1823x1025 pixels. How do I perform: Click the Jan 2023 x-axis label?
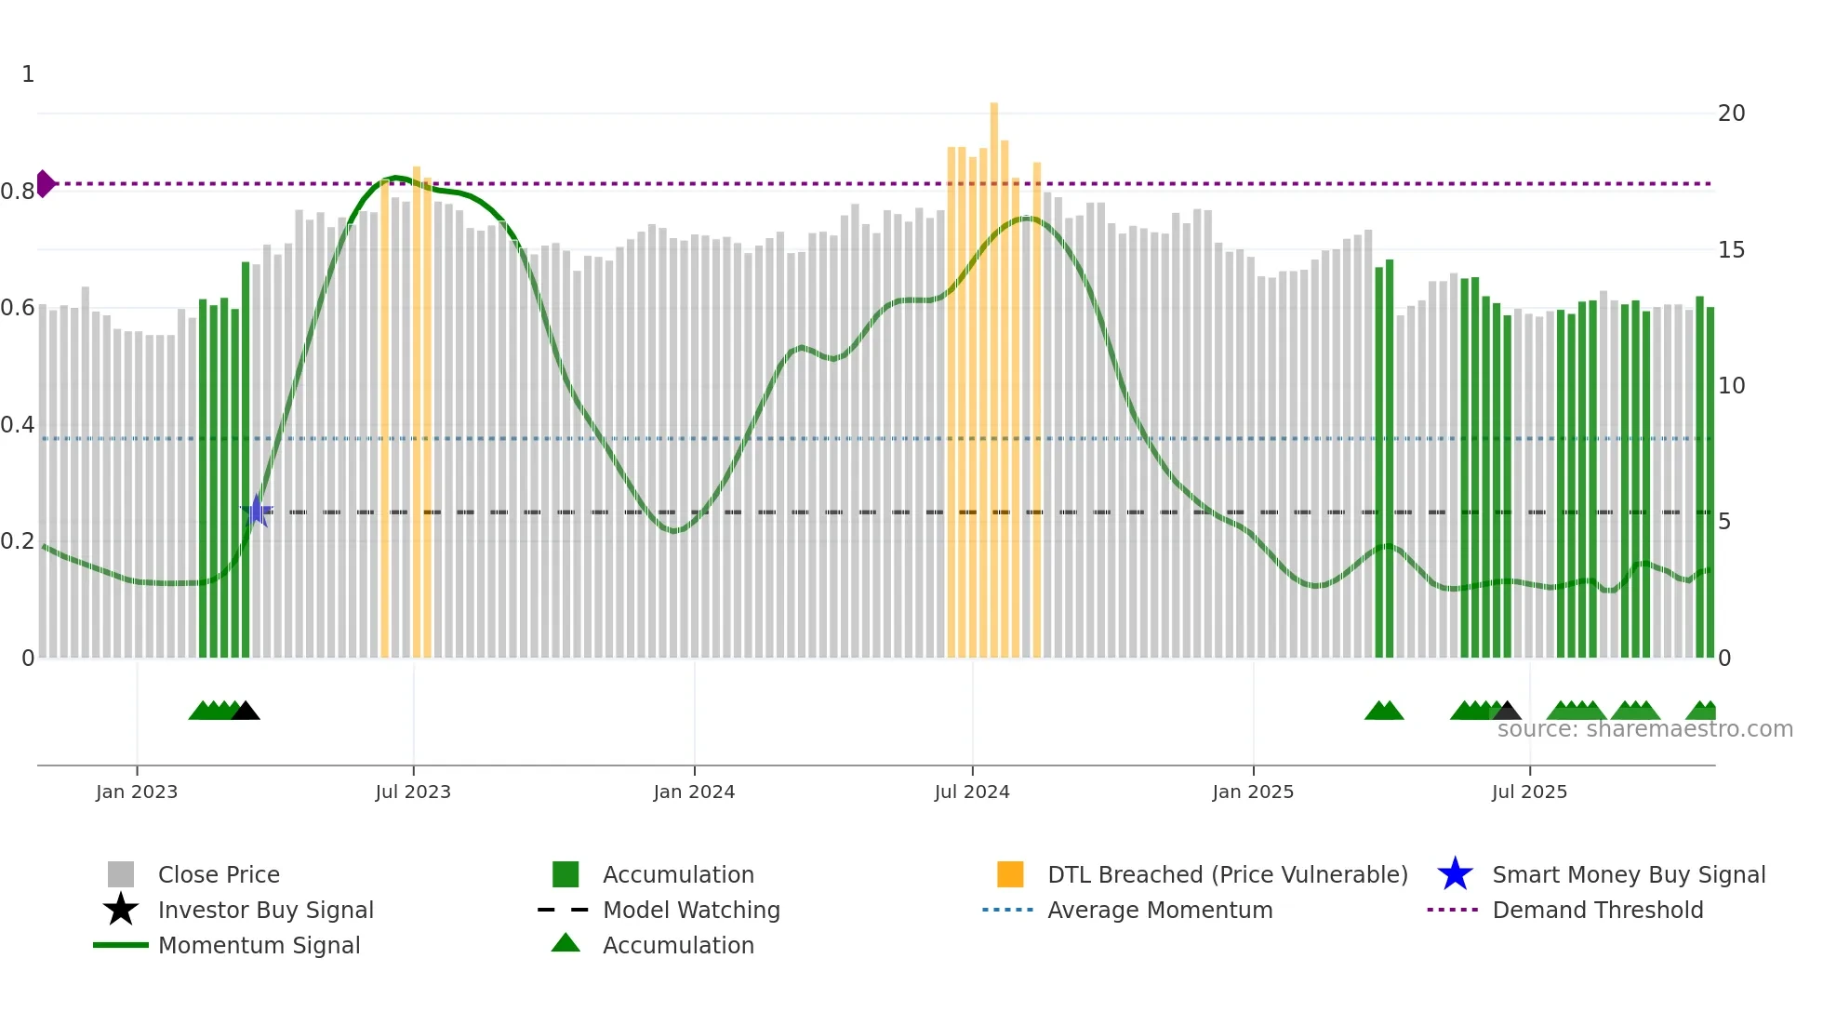point(137,792)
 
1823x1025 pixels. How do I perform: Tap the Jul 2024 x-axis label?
point(972,792)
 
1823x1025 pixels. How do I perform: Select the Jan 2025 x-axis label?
point(1253,792)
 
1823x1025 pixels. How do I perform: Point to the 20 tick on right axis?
point(1731,113)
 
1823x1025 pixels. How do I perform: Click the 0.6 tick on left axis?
point(18,308)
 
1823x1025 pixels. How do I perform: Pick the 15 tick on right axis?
point(1731,250)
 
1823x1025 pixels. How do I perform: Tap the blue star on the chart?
point(257,511)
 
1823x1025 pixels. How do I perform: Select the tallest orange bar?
point(994,372)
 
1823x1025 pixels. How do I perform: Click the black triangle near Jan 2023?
point(246,712)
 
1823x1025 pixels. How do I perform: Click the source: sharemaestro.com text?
point(1644,729)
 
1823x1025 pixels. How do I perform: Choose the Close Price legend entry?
point(219,874)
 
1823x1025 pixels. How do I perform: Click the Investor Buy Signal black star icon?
point(121,910)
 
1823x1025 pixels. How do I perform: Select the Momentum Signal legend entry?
point(259,945)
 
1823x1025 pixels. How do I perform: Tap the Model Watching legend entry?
point(690,910)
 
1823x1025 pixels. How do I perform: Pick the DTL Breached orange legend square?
point(1010,874)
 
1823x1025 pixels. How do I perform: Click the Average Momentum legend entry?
point(1159,910)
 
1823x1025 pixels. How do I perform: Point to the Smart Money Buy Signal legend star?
point(1455,874)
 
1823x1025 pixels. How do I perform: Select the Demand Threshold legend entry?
point(1597,910)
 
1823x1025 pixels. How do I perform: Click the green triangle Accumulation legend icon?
point(566,944)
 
